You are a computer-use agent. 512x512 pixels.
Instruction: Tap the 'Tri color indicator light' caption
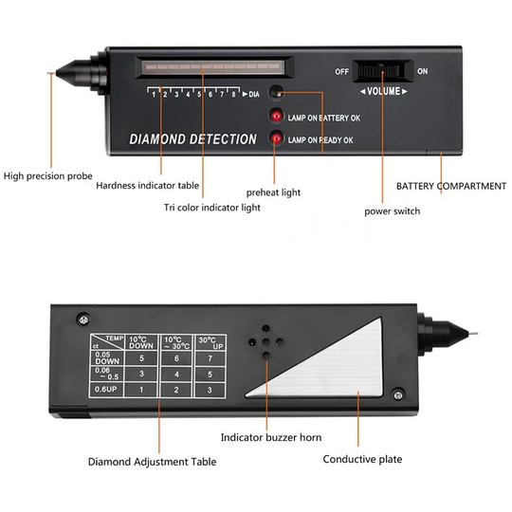(211, 207)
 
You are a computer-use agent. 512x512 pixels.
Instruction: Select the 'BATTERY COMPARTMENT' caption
(450, 186)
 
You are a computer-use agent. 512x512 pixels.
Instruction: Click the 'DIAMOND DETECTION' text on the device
(193, 139)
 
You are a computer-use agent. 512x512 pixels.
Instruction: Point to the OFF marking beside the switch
(341, 71)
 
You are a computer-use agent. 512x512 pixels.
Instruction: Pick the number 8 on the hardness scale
(232, 95)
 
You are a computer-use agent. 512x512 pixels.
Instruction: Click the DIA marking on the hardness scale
(254, 95)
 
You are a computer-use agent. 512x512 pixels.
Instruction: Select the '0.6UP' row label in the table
(106, 390)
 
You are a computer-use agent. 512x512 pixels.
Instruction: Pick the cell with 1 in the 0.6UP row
(141, 390)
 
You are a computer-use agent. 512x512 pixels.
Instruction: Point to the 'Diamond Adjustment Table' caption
(152, 462)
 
